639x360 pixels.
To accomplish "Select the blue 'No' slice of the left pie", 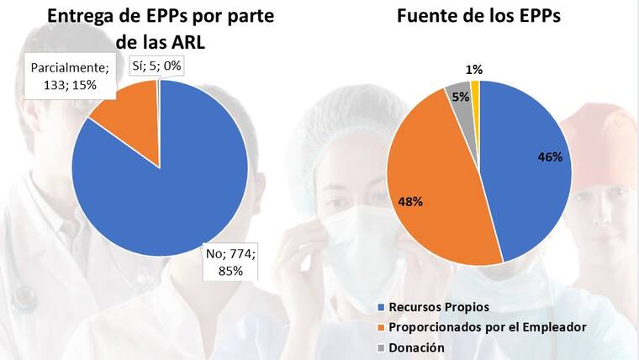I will pyautogui.click(x=168, y=193).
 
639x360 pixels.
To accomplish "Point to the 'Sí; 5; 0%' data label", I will pyautogui.click(x=157, y=66).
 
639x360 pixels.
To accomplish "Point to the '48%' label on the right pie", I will pyautogui.click(x=410, y=202).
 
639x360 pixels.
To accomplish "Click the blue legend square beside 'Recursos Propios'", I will pyautogui.click(x=382, y=306).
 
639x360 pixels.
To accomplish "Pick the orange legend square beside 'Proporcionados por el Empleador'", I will pyautogui.click(x=382, y=326).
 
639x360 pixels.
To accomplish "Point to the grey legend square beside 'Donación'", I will pyautogui.click(x=382, y=347).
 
